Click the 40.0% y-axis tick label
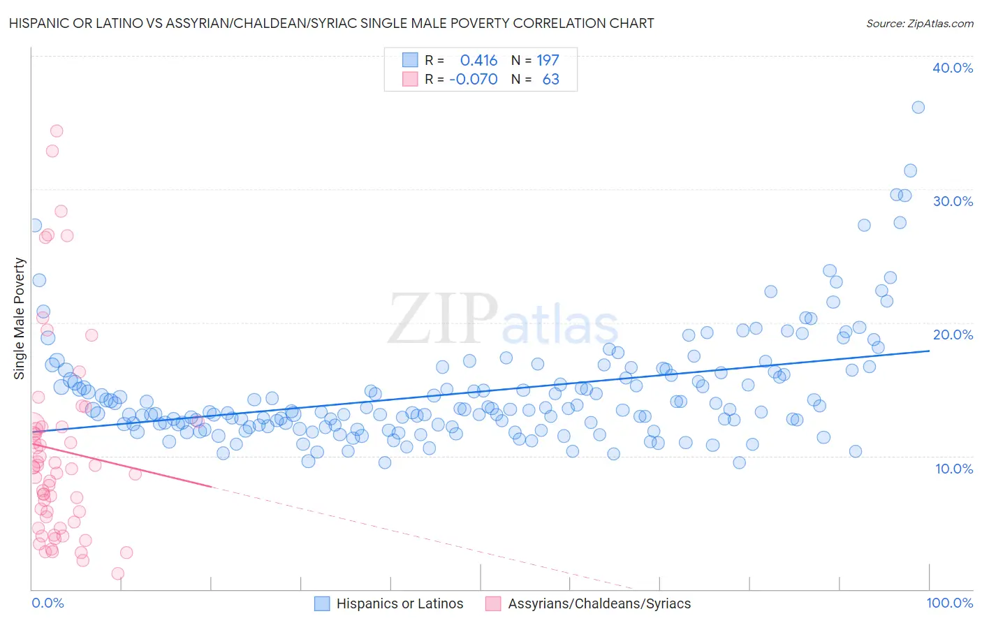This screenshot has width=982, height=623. (x=952, y=68)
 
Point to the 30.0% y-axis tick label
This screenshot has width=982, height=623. (x=952, y=201)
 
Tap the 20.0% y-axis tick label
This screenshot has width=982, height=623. (x=952, y=335)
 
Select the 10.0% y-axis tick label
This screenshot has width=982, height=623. (x=953, y=469)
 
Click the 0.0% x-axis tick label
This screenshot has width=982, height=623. (x=47, y=603)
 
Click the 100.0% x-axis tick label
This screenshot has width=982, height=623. (x=949, y=603)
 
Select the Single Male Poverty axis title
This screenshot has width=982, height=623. (x=20, y=318)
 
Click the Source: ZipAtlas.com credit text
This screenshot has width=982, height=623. (x=919, y=24)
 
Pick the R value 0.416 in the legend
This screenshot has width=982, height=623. (x=478, y=60)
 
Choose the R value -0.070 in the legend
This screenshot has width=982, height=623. (x=474, y=80)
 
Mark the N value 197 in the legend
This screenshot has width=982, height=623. (x=548, y=60)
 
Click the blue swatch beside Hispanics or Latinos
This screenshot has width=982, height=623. (x=322, y=603)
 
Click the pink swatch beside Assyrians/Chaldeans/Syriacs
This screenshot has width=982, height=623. (x=493, y=603)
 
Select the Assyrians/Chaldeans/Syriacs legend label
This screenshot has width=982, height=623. (x=599, y=603)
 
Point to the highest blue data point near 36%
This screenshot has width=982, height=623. (x=918, y=108)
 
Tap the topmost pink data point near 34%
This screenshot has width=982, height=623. (x=57, y=131)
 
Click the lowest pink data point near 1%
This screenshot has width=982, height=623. (x=118, y=573)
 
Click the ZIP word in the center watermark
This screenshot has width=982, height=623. (x=443, y=320)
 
